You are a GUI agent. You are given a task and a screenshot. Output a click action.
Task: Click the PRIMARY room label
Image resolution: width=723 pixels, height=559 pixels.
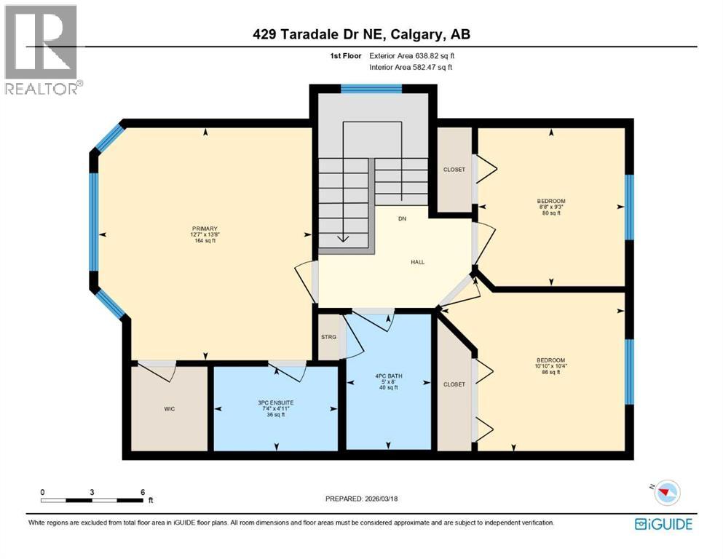(x=204, y=228)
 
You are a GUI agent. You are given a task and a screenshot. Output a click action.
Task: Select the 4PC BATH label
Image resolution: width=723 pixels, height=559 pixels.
(x=389, y=376)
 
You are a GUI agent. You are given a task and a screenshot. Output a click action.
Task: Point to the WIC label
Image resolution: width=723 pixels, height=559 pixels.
(x=168, y=408)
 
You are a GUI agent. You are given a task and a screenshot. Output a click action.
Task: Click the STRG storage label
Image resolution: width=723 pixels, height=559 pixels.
(x=328, y=337)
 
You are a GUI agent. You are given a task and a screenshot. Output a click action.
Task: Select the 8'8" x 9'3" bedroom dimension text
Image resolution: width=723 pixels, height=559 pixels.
(x=550, y=207)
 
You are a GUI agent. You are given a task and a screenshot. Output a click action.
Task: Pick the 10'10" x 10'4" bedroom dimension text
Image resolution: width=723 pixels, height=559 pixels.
(x=550, y=366)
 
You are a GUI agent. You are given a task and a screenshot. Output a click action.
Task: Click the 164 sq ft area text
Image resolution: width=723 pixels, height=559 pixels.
(x=204, y=241)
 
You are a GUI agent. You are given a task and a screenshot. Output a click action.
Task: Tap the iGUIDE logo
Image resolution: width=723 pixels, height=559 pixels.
(x=663, y=524)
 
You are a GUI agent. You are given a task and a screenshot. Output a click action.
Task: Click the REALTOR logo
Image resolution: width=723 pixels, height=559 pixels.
(x=42, y=49)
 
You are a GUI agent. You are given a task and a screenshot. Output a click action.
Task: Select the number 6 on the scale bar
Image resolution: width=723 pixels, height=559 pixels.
(x=142, y=492)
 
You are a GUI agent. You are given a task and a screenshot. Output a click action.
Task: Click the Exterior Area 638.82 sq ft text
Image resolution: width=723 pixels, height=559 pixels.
(x=416, y=55)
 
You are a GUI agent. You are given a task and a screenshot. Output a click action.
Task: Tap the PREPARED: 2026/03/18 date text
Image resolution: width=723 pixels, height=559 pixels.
(x=361, y=499)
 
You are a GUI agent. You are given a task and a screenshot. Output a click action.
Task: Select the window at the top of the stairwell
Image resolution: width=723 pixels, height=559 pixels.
(x=371, y=89)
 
